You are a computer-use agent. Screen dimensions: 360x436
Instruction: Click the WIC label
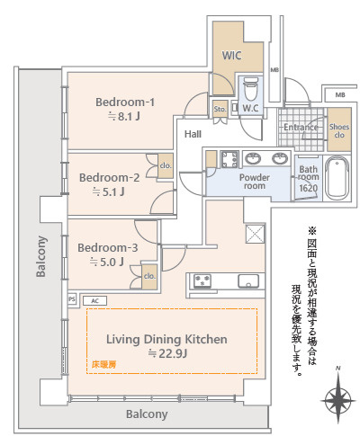click(231, 56)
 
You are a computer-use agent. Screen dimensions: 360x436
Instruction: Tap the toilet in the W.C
click(250, 89)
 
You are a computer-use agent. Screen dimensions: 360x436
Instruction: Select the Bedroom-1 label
click(125, 102)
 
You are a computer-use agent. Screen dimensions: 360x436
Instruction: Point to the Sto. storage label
click(220, 110)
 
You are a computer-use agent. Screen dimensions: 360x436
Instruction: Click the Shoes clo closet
click(339, 129)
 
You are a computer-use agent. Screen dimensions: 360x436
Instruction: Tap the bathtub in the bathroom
click(337, 178)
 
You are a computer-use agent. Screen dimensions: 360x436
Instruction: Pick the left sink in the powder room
click(253, 158)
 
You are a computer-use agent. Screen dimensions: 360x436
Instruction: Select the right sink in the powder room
click(280, 158)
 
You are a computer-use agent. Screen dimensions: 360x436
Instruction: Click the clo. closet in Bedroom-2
click(166, 165)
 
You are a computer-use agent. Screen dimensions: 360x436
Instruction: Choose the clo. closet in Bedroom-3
click(149, 277)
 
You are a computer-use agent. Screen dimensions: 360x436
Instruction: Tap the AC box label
click(94, 300)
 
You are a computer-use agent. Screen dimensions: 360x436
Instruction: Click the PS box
click(72, 299)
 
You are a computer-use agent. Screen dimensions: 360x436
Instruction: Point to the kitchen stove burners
click(202, 281)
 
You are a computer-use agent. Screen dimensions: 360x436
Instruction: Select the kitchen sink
click(248, 281)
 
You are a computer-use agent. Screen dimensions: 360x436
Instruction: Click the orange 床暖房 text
click(103, 365)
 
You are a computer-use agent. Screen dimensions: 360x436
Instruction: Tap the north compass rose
click(337, 400)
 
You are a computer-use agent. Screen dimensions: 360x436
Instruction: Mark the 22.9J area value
click(168, 354)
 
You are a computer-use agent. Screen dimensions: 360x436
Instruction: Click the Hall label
click(193, 134)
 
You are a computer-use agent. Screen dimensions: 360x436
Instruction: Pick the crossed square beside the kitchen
click(256, 234)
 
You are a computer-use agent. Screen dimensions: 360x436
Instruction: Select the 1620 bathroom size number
click(308, 188)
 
